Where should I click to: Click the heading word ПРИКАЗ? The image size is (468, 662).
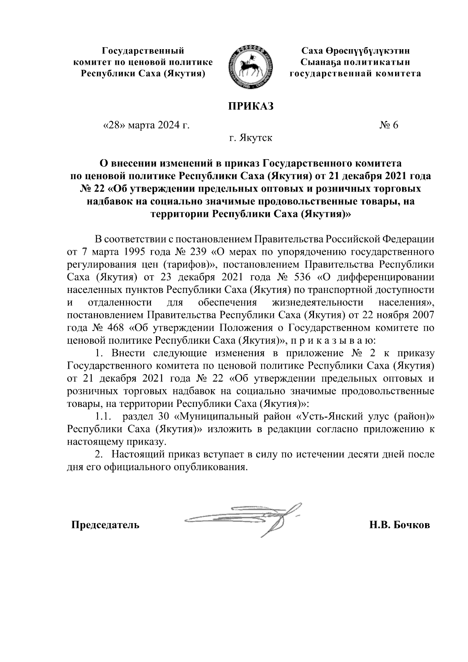[x=250, y=106]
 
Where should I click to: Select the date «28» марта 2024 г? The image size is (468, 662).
[x=146, y=125]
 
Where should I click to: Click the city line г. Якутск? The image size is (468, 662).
[x=250, y=138]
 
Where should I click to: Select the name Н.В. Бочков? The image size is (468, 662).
[x=400, y=525]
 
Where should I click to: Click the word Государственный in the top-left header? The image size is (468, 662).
[x=143, y=51]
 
